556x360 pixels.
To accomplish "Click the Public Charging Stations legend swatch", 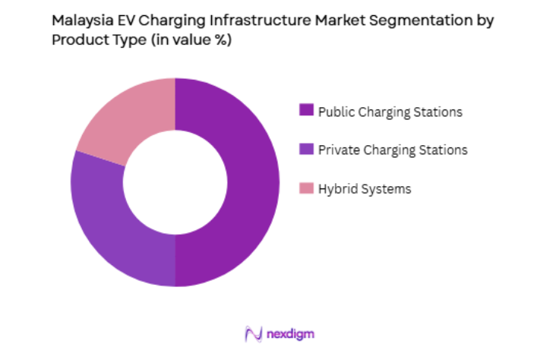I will pyautogui.click(x=307, y=111).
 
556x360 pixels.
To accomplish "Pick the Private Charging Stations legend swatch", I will pyautogui.click(x=307, y=150).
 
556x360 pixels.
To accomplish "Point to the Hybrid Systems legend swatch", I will pyautogui.click(x=307, y=188).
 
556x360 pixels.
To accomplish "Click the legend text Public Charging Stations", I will pyautogui.click(x=390, y=112).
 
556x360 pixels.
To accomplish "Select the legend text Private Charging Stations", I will pyautogui.click(x=393, y=150).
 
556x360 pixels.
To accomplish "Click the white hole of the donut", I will pyautogui.click(x=175, y=182).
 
